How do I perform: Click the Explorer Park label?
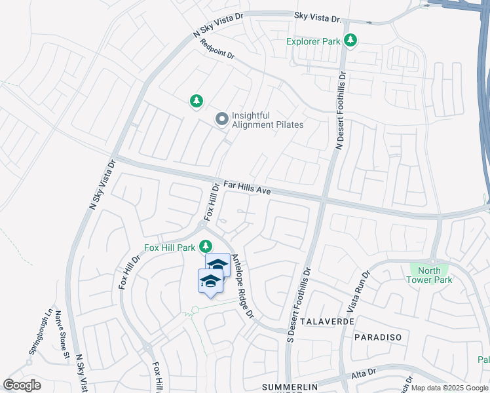[x=314, y=41]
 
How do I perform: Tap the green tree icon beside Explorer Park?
[x=351, y=41]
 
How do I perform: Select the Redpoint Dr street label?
[x=217, y=50]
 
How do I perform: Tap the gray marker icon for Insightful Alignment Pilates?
[x=221, y=119]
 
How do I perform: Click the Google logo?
[x=22, y=384]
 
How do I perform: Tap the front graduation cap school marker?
[x=210, y=281]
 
